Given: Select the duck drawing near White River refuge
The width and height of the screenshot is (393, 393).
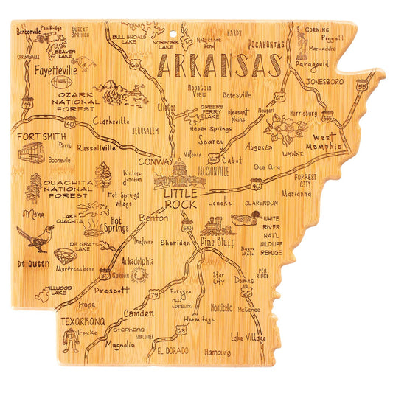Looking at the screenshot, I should tap(246, 219).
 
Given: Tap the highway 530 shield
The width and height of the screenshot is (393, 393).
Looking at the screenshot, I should tap(188, 229).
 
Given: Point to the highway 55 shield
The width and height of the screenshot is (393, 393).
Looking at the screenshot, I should tap(360, 87).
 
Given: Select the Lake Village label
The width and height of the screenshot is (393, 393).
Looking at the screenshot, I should tap(247, 337).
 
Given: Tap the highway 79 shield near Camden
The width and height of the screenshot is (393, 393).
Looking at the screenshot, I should tap(155, 296).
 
